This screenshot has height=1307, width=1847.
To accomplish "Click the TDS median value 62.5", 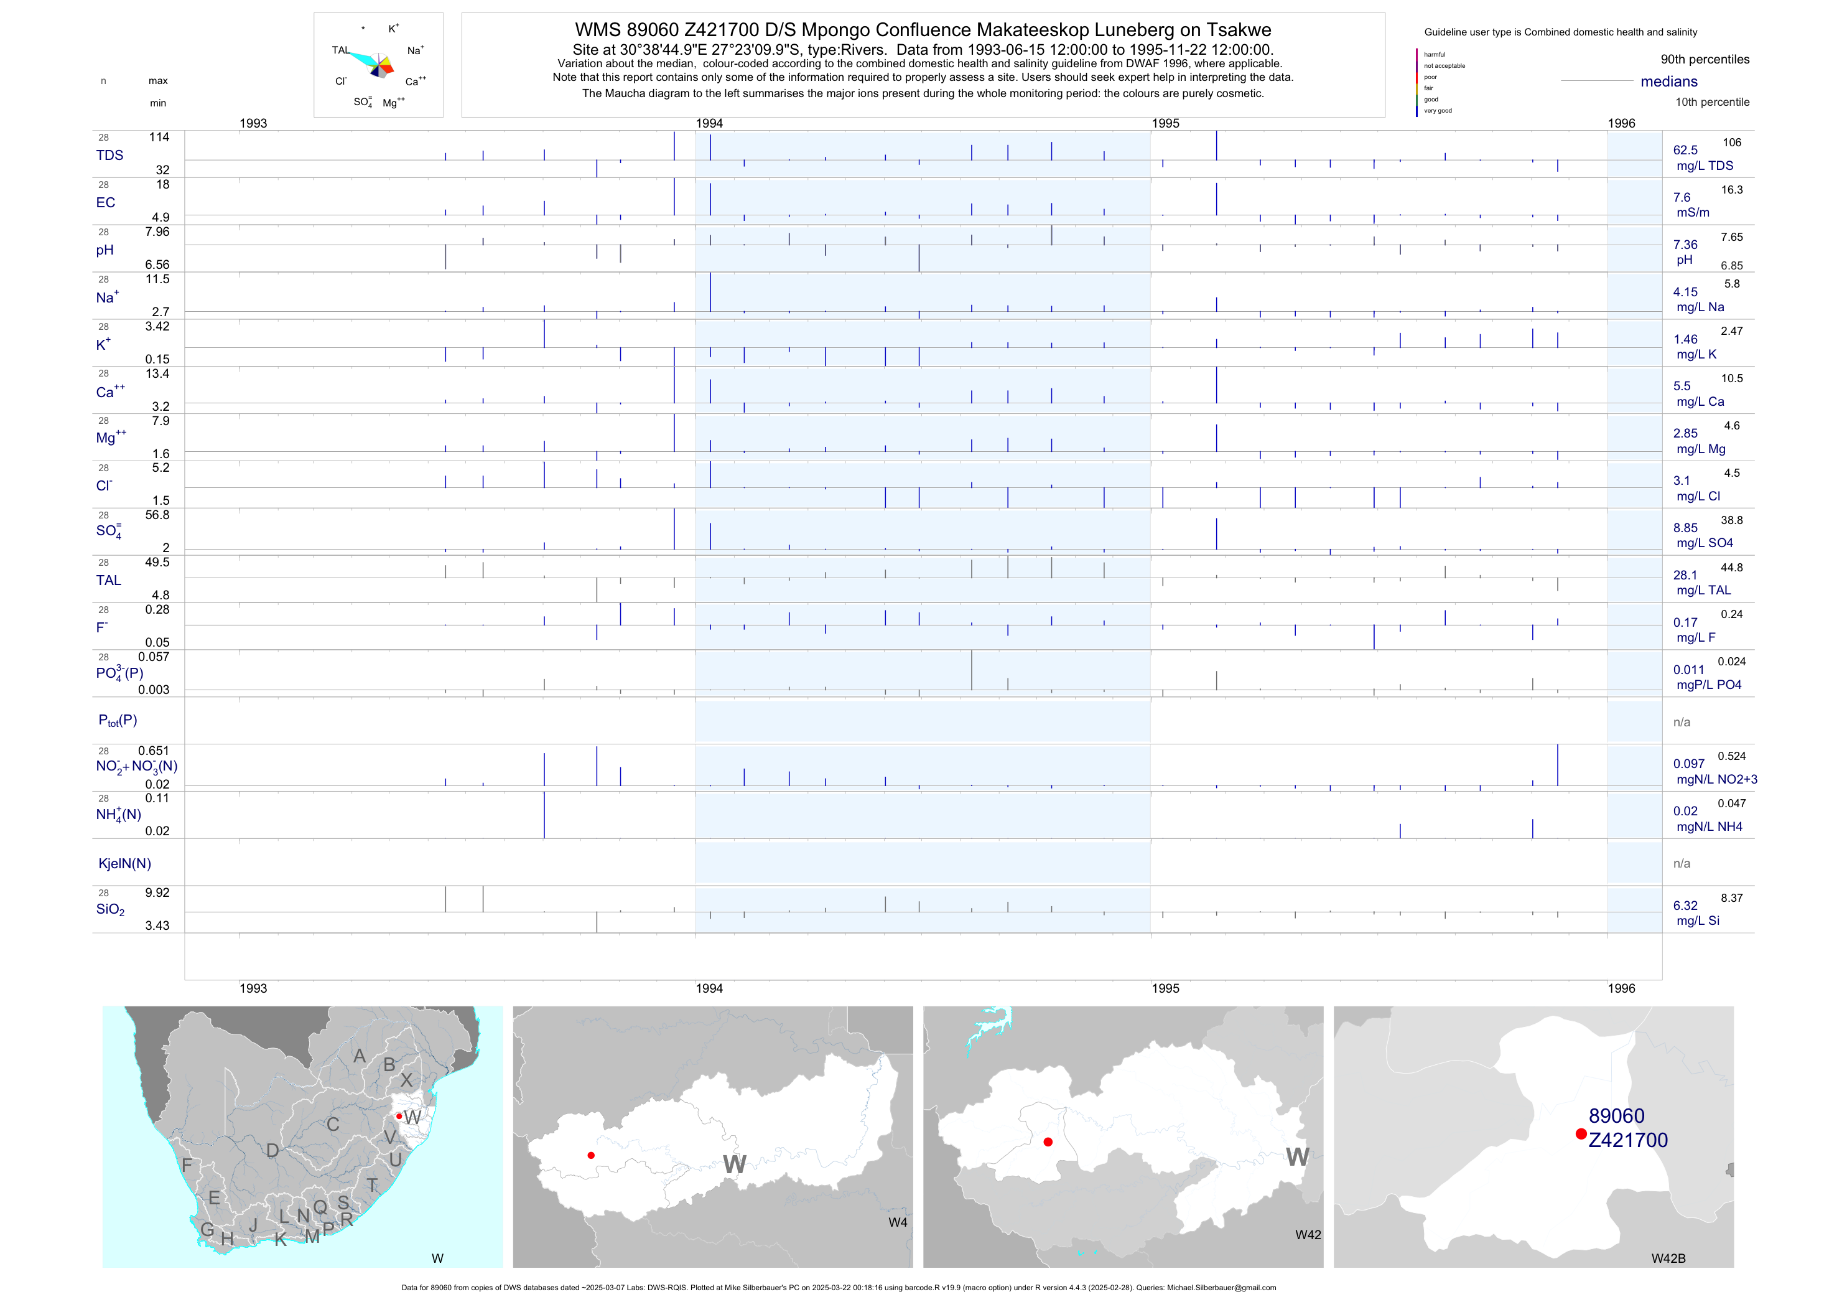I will pyautogui.click(x=1685, y=151).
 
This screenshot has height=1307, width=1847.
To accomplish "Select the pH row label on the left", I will pyautogui.click(x=105, y=250).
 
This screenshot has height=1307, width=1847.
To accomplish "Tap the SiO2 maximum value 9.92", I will pyautogui.click(x=157, y=892).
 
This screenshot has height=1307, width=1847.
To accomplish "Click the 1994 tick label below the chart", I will pyautogui.click(x=709, y=988).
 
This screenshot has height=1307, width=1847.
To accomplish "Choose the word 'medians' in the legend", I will pyautogui.click(x=1668, y=82).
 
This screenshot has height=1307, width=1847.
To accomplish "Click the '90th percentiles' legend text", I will pyautogui.click(x=1705, y=60).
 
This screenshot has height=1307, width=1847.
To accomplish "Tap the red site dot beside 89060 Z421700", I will pyautogui.click(x=1581, y=1134).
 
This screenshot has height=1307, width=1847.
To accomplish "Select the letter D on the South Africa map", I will pyautogui.click(x=272, y=1151).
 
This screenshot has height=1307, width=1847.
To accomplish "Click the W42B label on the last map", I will pyautogui.click(x=1668, y=1258).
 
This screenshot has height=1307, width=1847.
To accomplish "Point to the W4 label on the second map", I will pyautogui.click(x=897, y=1222).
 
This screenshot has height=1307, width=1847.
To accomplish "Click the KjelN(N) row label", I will pyautogui.click(x=124, y=864).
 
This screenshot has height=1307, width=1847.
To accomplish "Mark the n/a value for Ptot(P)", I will pyautogui.click(x=1682, y=722).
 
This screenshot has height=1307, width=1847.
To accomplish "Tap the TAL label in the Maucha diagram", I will pyautogui.click(x=340, y=50).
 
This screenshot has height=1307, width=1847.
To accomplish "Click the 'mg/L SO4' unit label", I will pyautogui.click(x=1704, y=543).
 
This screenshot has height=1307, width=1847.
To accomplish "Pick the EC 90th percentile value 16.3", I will pyautogui.click(x=1731, y=190).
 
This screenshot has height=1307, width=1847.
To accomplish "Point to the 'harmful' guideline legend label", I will pyautogui.click(x=1435, y=55).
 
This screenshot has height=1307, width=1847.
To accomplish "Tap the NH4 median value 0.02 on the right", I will pyautogui.click(x=1685, y=811).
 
